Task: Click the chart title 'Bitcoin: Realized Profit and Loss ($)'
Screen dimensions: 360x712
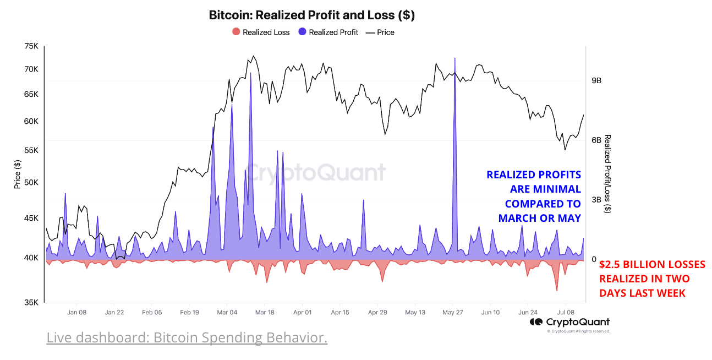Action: pyautogui.click(x=311, y=15)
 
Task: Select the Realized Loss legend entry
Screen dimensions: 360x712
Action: pyautogui.click(x=261, y=32)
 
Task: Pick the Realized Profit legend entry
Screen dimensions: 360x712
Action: pyautogui.click(x=328, y=32)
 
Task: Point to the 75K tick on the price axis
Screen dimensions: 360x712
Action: pyautogui.click(x=31, y=47)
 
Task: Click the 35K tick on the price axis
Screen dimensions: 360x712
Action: pyautogui.click(x=31, y=302)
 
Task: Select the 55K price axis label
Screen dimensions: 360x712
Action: pyautogui.click(x=31, y=150)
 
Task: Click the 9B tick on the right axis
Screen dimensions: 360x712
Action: pyautogui.click(x=596, y=80)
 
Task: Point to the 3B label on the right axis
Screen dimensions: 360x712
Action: pyautogui.click(x=596, y=200)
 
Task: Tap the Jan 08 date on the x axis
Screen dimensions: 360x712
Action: pyautogui.click(x=76, y=312)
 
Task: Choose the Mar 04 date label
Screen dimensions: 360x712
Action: pyautogui.click(x=227, y=312)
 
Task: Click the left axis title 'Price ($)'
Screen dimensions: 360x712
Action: pyautogui.click(x=17, y=174)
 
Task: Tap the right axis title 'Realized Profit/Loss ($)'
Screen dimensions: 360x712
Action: pyautogui.click(x=607, y=173)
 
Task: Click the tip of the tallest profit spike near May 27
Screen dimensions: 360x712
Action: pyautogui.click(x=455, y=58)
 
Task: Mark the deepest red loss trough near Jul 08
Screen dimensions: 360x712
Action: pyautogui.click(x=557, y=290)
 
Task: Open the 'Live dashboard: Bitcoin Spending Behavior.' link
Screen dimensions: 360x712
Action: pyautogui.click(x=187, y=337)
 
